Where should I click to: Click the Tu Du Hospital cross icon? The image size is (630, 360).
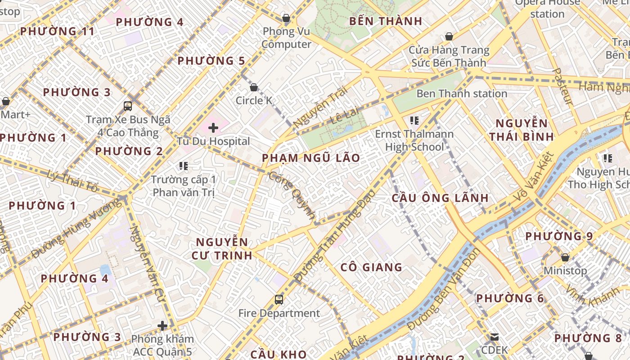[x=213, y=128]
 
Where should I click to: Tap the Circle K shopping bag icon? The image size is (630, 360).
[x=254, y=87]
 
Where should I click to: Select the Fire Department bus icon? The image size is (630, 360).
[x=279, y=299]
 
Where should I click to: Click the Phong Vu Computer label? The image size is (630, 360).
[x=287, y=38]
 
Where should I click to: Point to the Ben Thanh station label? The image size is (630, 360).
[x=462, y=94]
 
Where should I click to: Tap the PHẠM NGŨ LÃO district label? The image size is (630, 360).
[x=311, y=158]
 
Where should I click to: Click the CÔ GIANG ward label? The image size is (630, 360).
[x=371, y=267]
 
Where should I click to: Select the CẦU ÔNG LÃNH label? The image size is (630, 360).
[x=440, y=198]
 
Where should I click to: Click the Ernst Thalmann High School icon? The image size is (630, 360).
[x=414, y=120]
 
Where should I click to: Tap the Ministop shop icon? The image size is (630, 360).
[x=565, y=257]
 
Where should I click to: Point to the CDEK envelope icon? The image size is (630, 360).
[x=495, y=337]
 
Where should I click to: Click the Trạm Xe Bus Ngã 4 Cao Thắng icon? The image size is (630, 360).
[x=128, y=106]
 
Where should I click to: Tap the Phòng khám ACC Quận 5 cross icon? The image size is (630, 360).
[x=162, y=325]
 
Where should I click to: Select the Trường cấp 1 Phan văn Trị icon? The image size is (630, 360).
[x=183, y=166]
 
